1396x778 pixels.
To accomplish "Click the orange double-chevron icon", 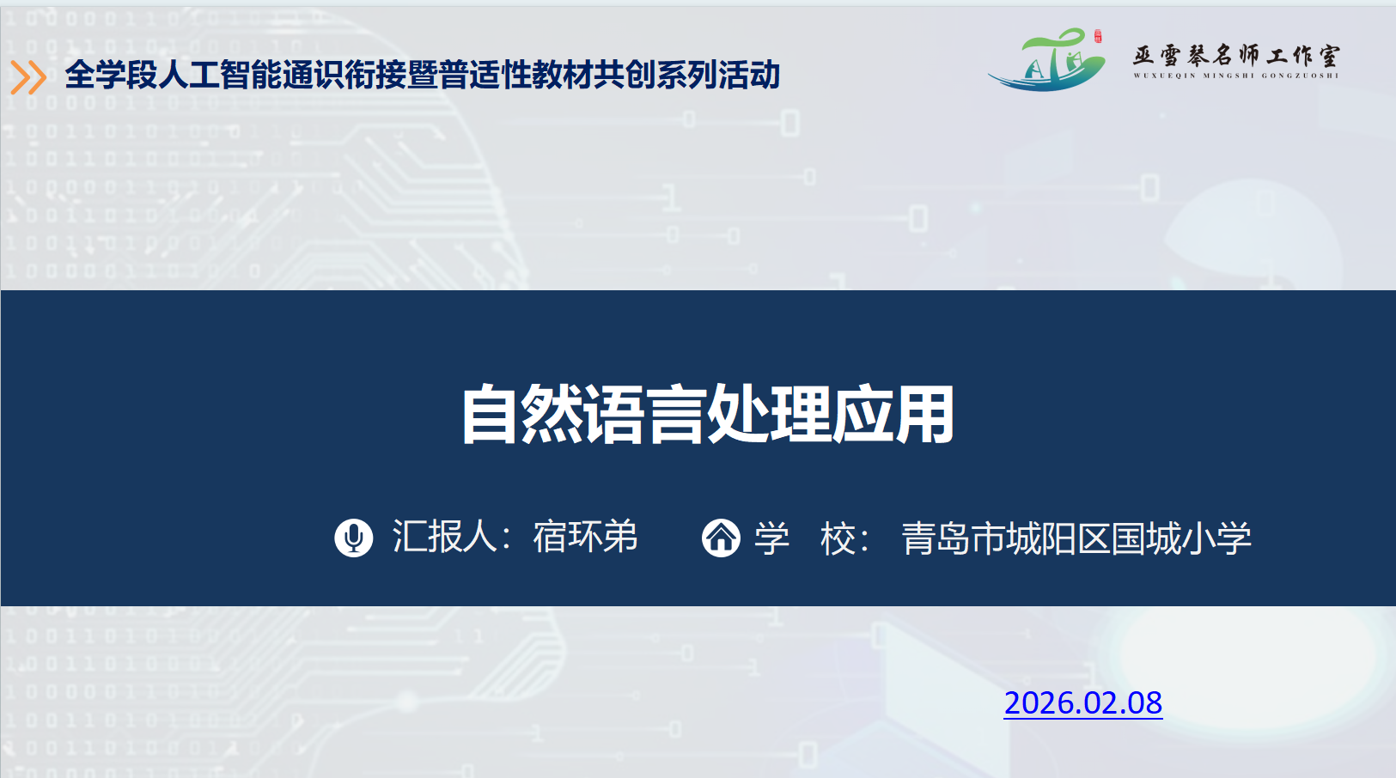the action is [x=28, y=77].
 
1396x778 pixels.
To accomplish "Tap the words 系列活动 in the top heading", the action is [x=717, y=75].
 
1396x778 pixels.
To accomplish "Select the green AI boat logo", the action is [x=1047, y=60].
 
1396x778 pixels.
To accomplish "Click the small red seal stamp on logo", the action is [x=1098, y=36].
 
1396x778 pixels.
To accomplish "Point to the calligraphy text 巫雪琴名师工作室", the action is [x=1236, y=56].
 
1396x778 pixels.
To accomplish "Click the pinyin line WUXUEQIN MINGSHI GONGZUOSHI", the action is [x=1236, y=76].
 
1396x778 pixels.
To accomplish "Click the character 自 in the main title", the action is [x=490, y=414].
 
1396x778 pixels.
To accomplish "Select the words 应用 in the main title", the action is [x=893, y=414].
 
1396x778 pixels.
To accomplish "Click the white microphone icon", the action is [x=353, y=538].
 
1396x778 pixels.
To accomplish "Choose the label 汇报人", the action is [x=444, y=537].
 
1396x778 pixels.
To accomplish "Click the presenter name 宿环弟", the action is [x=585, y=537].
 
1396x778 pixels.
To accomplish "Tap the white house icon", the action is [x=721, y=538].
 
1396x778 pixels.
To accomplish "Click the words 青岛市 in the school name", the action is [x=954, y=538].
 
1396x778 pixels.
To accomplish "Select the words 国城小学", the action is [x=1181, y=538].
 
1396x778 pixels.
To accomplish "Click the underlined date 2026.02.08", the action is [x=1083, y=703].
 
